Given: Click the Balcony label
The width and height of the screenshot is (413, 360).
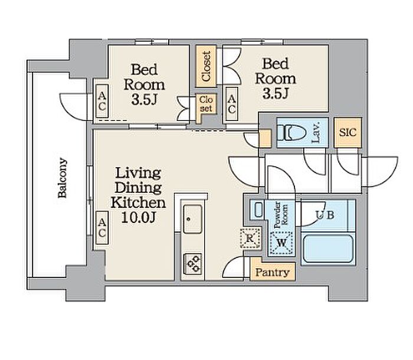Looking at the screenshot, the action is point(63,178).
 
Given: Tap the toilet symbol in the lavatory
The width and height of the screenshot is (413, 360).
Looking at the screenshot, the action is point(291,133).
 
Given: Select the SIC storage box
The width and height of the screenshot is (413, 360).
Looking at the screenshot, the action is point(348,133).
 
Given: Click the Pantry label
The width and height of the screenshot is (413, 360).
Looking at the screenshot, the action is point(273,272).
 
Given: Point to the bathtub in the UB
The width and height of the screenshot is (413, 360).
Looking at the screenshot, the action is point(328,249).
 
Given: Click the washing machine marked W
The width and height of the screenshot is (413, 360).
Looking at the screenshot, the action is point(281,243).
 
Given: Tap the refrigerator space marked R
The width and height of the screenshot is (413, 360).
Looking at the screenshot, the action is point(250,238).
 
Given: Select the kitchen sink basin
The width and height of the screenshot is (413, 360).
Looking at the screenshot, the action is point(193,220).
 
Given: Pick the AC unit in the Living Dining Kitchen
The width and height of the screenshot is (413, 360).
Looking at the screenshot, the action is point(102,228).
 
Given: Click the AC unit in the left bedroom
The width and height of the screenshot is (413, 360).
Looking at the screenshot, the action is point(102,101).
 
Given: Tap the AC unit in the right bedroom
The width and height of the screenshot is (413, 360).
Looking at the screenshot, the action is point(232,104).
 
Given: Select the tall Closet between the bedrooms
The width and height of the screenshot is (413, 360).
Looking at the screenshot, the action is point(206,66).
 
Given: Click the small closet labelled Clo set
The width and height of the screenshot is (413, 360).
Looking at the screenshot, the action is point(206,104).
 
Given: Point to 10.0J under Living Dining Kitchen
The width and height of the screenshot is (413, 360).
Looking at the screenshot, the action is point(137,217).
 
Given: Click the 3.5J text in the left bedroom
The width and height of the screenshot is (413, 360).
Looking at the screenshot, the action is point(145,100).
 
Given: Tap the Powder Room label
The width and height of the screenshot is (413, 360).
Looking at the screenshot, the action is point(281,215).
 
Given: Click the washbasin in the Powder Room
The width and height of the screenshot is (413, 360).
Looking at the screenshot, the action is point(258,210).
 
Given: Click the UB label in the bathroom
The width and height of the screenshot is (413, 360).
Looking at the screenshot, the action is point(325,215).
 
